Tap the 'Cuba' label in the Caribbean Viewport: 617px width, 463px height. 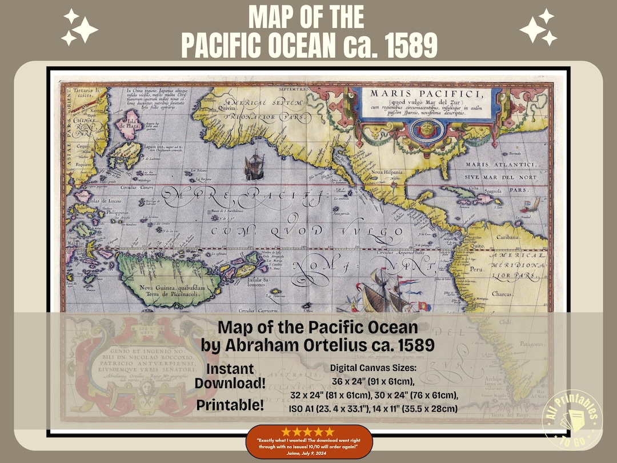(x=471, y=189)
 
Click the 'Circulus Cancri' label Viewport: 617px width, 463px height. (x=138, y=187)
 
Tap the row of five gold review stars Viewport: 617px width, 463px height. (x=310, y=432)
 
